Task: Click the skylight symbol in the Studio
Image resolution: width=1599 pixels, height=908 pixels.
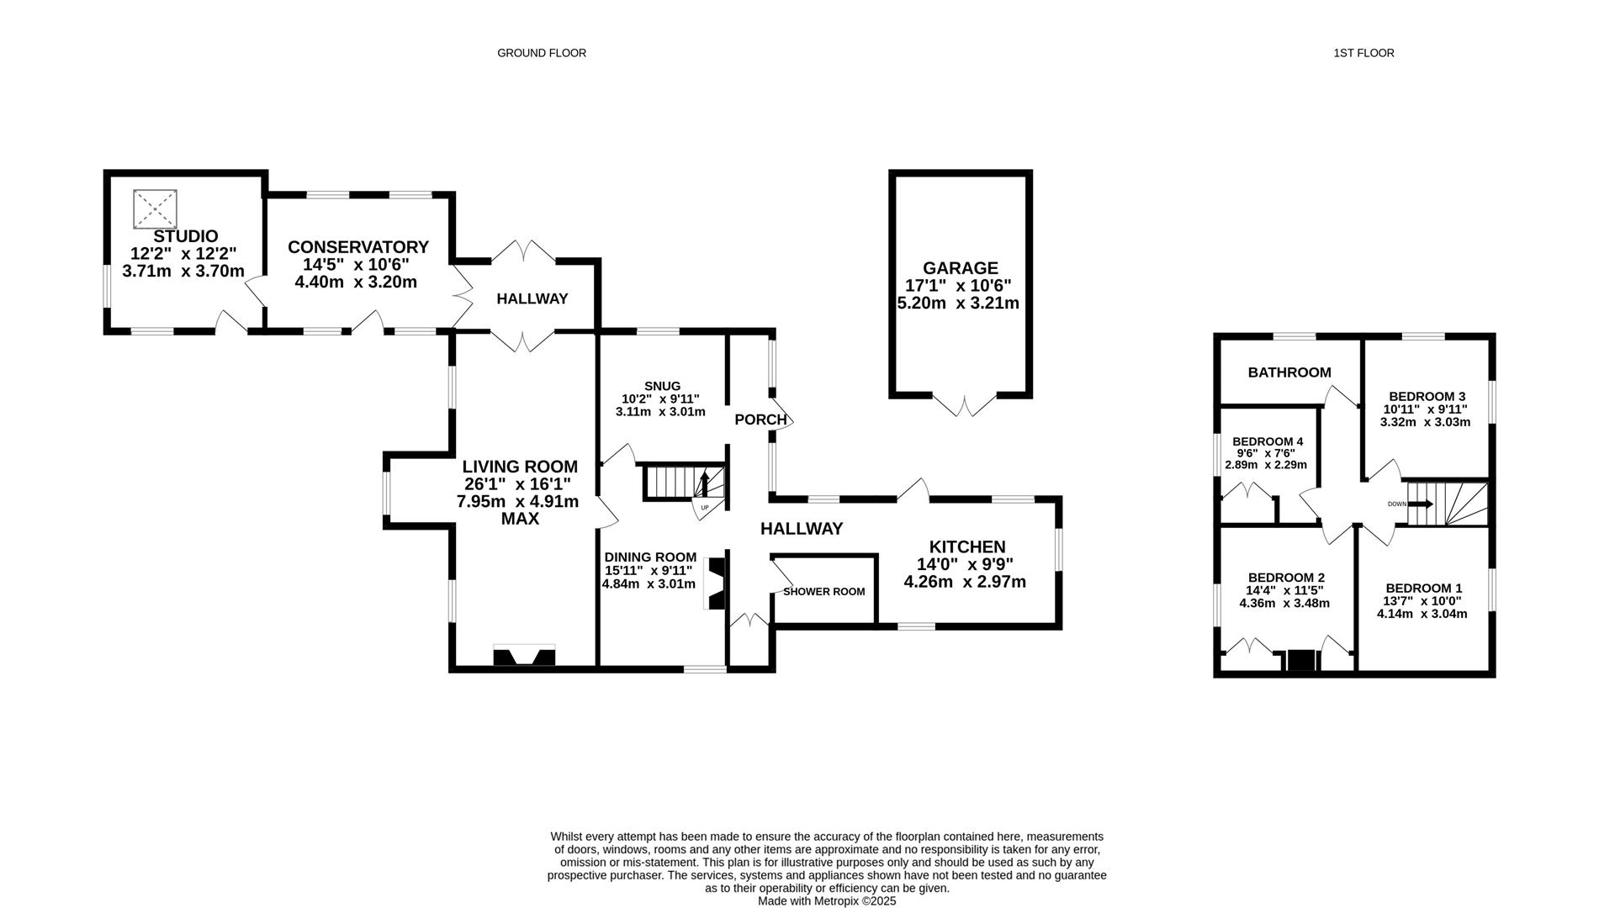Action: coord(156,209)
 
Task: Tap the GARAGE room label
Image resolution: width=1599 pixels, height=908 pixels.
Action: coord(960,268)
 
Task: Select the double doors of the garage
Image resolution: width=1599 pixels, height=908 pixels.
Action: coord(966,404)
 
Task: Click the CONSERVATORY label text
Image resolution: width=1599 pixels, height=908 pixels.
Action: coord(357,247)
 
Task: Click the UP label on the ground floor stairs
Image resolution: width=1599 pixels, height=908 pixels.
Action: coord(704,508)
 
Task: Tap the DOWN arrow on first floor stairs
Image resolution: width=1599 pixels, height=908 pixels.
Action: coord(1421,504)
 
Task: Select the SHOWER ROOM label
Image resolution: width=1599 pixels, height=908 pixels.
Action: coord(823,592)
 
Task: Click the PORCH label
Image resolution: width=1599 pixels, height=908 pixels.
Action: coord(760,420)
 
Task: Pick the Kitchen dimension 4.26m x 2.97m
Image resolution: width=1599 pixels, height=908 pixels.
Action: coord(964,582)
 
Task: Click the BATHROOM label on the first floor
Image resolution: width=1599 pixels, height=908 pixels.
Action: coord(1289,372)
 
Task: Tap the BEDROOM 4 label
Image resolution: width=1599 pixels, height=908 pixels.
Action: coord(1267,441)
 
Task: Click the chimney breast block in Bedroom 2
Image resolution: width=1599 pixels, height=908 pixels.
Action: coord(1300,661)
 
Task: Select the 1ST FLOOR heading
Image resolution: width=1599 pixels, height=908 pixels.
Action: coord(1363,53)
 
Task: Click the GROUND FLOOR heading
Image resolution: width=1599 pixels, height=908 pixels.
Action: coord(541,53)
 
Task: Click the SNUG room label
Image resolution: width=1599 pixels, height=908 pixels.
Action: coord(662,386)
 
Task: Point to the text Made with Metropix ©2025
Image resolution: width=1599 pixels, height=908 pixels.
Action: coord(826,901)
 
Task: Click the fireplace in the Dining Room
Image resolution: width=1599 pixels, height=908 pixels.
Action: coord(715,583)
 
